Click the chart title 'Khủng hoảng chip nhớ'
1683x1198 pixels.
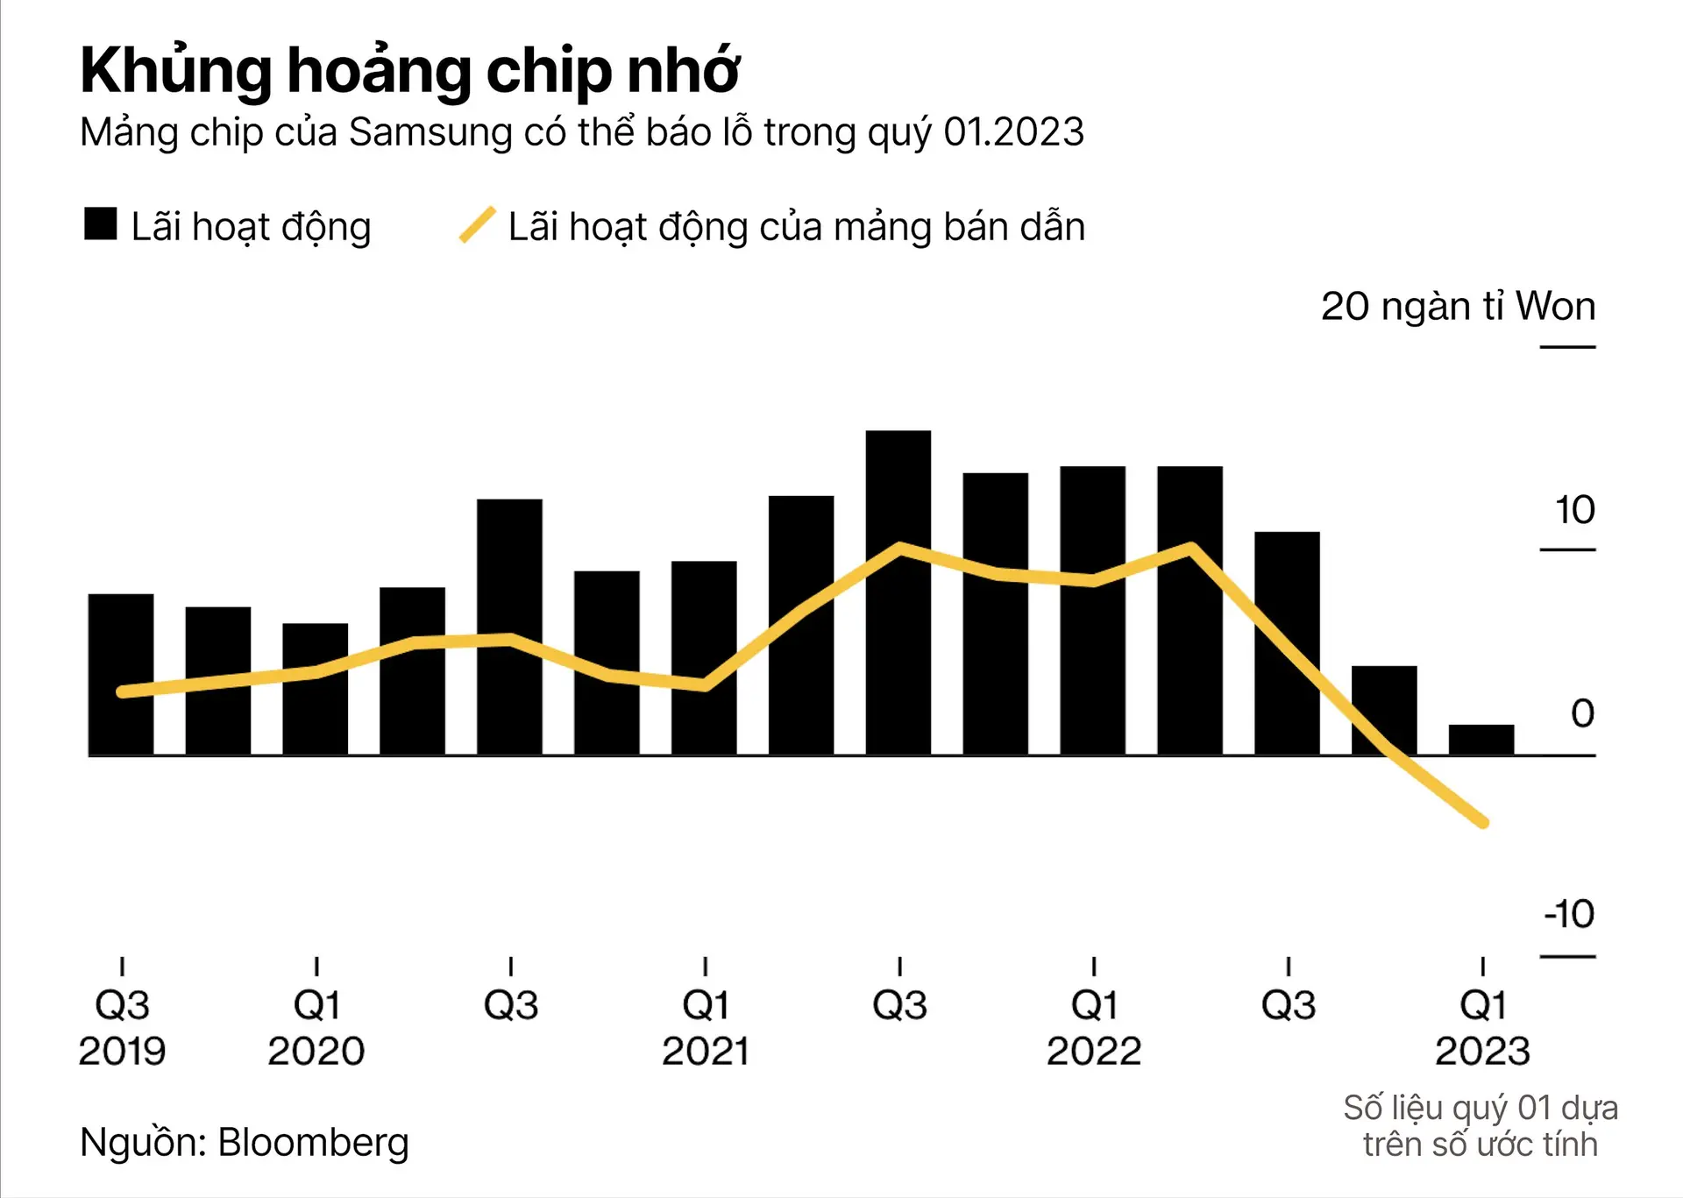[x=409, y=70]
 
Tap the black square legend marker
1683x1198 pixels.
[x=101, y=224]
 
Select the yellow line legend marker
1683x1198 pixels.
[x=478, y=224]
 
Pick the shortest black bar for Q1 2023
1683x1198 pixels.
[x=1481, y=740]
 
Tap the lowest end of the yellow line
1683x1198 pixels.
[x=1483, y=822]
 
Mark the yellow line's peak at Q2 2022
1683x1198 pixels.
[x=1191, y=549]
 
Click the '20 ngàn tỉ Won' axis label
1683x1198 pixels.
[x=1458, y=307]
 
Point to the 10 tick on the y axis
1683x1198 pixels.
[x=1574, y=510]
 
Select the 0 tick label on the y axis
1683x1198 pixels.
[x=1582, y=713]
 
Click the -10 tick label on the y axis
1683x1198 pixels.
[x=1569, y=914]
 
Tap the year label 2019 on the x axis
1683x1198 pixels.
[x=122, y=1051]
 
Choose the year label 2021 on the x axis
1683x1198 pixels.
[x=706, y=1051]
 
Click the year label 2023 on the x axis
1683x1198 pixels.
[x=1482, y=1051]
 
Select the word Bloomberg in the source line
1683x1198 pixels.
[x=313, y=1142]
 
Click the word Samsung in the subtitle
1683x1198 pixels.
[x=430, y=132]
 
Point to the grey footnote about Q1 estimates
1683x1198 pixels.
[x=1481, y=1126]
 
